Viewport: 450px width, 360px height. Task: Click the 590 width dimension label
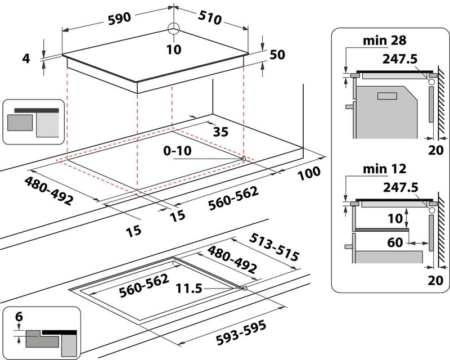click(120, 17)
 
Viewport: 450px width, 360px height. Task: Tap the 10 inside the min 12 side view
click(395, 217)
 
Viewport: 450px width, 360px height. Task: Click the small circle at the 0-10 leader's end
click(244, 159)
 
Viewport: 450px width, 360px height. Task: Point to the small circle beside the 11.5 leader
click(244, 289)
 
